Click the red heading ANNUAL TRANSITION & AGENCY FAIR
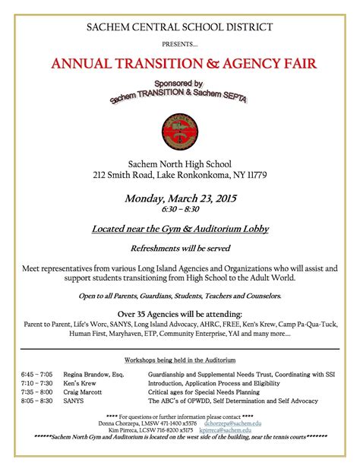pos(180,62)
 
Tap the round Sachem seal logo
pos(179,129)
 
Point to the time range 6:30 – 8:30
pos(180,209)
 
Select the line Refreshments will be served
pos(180,248)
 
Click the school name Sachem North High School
pos(180,163)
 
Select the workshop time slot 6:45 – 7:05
pos(37,375)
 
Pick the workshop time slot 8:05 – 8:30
pos(37,400)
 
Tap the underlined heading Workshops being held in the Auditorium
pos(180,359)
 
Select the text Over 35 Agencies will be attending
pos(180,314)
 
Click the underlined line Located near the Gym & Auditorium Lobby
pos(180,228)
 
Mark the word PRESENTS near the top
pos(179,44)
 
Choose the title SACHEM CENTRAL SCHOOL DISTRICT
pos(180,28)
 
